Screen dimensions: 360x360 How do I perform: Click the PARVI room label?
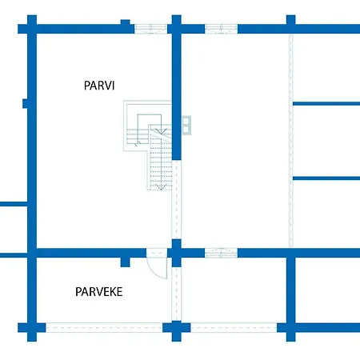click(99, 86)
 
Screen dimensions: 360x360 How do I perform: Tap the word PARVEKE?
click(99, 292)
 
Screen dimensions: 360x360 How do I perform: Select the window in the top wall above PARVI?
click(150, 29)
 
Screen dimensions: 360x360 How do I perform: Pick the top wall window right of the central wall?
click(221, 29)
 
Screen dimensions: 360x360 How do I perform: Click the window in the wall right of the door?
click(221, 253)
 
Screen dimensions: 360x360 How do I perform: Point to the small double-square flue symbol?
click(186, 126)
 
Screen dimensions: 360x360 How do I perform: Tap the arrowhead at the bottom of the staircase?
click(161, 186)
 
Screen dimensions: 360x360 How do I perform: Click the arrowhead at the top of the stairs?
click(161, 131)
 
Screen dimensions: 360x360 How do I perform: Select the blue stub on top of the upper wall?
click(126, 22)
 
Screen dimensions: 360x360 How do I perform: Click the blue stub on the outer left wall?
click(25, 103)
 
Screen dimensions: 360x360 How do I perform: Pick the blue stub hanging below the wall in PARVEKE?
click(126, 262)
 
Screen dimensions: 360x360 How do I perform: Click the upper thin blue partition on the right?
click(326, 104)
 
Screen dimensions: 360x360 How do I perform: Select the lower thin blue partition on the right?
click(326, 178)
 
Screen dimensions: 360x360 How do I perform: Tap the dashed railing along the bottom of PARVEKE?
click(104, 328)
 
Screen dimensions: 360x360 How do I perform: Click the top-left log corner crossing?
click(32, 29)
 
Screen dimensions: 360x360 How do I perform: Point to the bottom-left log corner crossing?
click(32, 328)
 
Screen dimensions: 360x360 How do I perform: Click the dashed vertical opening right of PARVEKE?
click(176, 294)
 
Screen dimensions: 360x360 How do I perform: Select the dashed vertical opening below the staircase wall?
click(176, 199)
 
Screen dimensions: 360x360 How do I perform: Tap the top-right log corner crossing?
click(291, 29)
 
